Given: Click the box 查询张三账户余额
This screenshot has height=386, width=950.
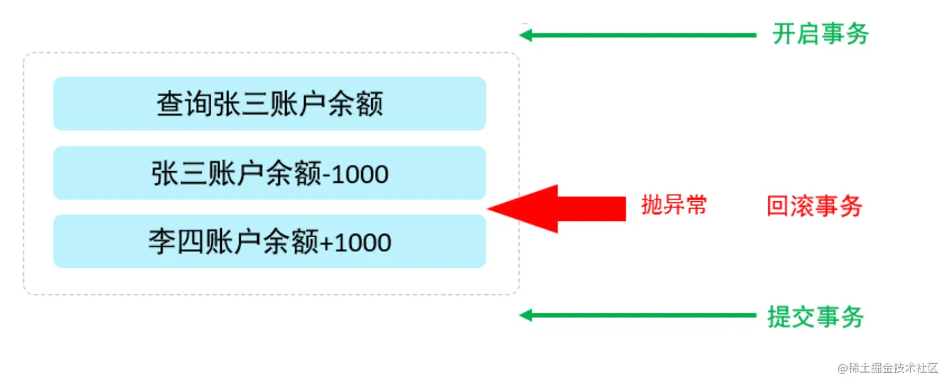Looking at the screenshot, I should [x=270, y=104].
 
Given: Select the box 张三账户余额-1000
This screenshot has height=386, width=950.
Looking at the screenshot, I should [x=270, y=173].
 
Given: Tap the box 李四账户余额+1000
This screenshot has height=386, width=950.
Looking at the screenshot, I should [x=270, y=242].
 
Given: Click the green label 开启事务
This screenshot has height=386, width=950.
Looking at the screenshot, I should [x=820, y=35].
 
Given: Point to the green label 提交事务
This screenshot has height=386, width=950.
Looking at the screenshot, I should [x=816, y=316].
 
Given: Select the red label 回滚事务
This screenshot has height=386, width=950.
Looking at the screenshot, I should [x=814, y=206].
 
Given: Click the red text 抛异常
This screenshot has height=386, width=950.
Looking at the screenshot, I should [x=674, y=205].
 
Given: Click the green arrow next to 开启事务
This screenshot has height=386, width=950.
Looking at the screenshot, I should [x=638, y=35].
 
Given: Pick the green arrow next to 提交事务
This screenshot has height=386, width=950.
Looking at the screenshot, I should [x=638, y=315].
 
